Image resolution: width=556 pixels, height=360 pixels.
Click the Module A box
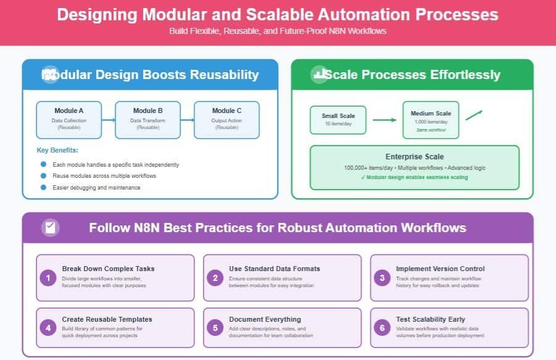tap(69, 119)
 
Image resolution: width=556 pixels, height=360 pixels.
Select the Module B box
tap(148, 119)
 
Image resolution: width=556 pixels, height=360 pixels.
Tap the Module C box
tap(226, 119)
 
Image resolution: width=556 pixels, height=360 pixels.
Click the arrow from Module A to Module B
tap(109, 120)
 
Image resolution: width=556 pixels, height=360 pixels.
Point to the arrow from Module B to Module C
tap(188, 120)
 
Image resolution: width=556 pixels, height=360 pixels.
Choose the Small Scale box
tap(338, 120)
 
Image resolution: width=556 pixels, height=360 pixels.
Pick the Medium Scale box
tap(431, 117)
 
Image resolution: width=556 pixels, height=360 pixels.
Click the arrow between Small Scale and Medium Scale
tap(385, 120)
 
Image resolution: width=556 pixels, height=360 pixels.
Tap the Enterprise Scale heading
tap(414, 157)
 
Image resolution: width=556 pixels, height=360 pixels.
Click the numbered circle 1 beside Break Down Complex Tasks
tap(49, 278)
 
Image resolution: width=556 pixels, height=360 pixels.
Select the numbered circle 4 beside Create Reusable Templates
tap(49, 328)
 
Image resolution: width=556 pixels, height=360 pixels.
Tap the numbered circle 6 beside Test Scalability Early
tap(383, 328)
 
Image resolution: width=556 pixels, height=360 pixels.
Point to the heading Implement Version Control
tap(440, 269)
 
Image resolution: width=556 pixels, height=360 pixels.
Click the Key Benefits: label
tap(57, 150)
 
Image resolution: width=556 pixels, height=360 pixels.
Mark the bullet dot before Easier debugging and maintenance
tap(43, 187)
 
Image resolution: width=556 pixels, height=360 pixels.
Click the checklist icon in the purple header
tap(50, 227)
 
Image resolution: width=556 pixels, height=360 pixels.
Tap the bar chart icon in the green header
tap(319, 75)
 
